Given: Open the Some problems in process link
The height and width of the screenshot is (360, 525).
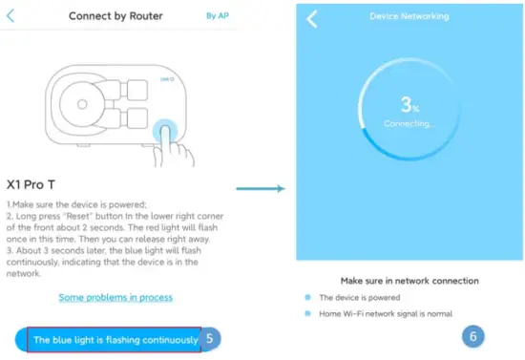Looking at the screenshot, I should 115,297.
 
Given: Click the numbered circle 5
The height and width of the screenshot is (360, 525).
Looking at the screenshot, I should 213,338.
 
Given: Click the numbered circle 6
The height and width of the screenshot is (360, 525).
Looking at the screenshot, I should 474,336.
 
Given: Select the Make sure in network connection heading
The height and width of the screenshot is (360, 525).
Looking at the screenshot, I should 409,281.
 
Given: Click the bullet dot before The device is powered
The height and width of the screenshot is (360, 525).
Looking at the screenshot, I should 307,298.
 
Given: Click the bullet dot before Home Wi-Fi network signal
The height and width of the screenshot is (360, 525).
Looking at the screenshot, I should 307,314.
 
